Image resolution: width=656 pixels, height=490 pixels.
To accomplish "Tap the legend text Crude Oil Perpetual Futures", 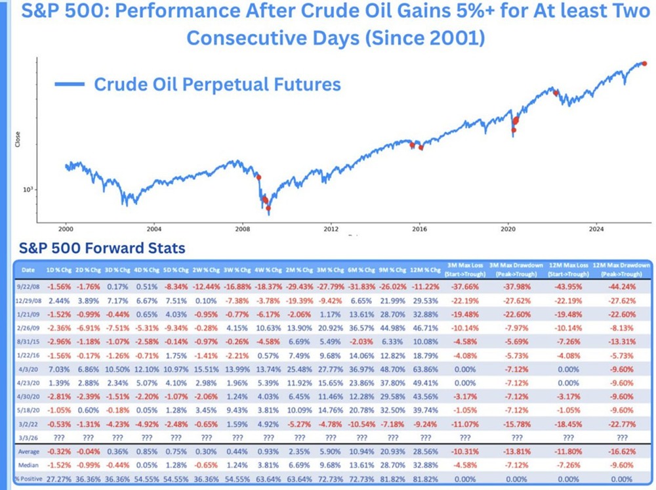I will tap(217, 84).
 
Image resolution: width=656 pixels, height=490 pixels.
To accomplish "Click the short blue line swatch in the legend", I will tap(70, 84).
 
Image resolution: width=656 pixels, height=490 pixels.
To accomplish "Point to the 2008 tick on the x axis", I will tap(242, 229).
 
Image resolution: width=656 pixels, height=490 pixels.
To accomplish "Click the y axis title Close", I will tap(18, 139).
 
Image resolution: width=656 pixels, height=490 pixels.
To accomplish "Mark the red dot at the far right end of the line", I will tap(644, 63).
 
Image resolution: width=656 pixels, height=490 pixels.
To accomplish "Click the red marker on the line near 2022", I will tap(556, 93).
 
